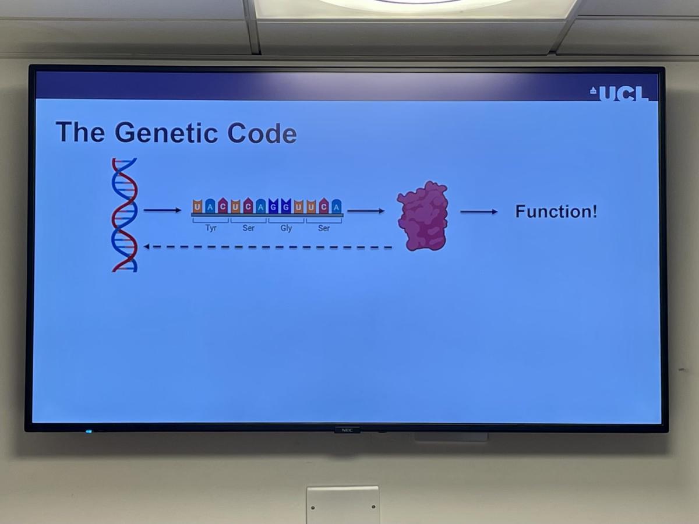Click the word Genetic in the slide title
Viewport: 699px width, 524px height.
click(x=166, y=132)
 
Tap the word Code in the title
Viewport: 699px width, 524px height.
click(x=262, y=133)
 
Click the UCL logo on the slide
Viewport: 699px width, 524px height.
click(x=619, y=93)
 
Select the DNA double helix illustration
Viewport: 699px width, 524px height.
click(x=124, y=215)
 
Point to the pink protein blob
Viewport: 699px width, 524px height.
click(x=422, y=215)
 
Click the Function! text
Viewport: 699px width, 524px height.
click(x=556, y=211)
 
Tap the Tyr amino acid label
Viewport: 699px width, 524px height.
click(x=211, y=228)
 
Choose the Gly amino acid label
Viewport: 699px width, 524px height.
click(x=286, y=228)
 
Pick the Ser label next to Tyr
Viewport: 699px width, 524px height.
click(x=248, y=228)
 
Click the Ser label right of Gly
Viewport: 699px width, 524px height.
click(x=324, y=228)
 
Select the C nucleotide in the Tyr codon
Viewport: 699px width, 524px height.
click(x=223, y=206)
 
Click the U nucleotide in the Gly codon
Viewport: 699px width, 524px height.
click(x=299, y=207)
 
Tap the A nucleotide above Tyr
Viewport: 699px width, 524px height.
click(x=210, y=206)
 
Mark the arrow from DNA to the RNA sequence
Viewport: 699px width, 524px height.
click(x=163, y=210)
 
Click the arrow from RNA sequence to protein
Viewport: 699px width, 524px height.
click(x=366, y=211)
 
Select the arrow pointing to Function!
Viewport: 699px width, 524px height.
click(x=479, y=211)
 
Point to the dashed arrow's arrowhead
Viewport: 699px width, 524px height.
click(x=146, y=246)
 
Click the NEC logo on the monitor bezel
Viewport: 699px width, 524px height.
click(x=347, y=430)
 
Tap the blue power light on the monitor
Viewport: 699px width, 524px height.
click(x=89, y=431)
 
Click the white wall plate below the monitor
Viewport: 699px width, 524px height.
click(x=343, y=505)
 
